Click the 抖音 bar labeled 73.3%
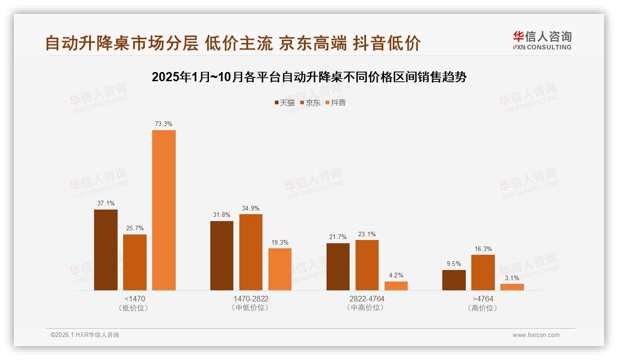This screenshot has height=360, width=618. [164, 210]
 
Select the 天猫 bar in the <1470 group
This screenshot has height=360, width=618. [106, 250]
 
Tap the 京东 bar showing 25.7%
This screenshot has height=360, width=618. [135, 262]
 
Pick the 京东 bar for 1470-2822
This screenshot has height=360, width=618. [250, 252]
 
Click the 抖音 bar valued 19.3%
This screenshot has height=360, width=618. [280, 269]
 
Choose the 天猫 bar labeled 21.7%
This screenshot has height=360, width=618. [338, 267]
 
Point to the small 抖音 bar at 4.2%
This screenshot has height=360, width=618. [396, 286]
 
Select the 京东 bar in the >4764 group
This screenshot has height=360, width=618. [483, 272]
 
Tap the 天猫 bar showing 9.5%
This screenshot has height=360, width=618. [454, 280]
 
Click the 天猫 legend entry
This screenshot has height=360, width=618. [285, 102]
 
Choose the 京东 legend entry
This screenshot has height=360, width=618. [310, 102]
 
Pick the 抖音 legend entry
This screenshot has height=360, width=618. [336, 102]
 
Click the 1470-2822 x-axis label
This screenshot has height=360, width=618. [250, 299]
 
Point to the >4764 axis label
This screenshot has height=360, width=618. [483, 299]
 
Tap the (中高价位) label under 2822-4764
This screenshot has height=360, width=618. [367, 307]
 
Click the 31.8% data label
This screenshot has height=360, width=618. [222, 215]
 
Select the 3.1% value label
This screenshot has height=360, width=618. [512, 278]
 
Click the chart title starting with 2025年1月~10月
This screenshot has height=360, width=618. [309, 77]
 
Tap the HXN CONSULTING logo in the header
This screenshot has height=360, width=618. [542, 41]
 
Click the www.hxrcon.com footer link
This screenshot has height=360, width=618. [536, 335]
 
